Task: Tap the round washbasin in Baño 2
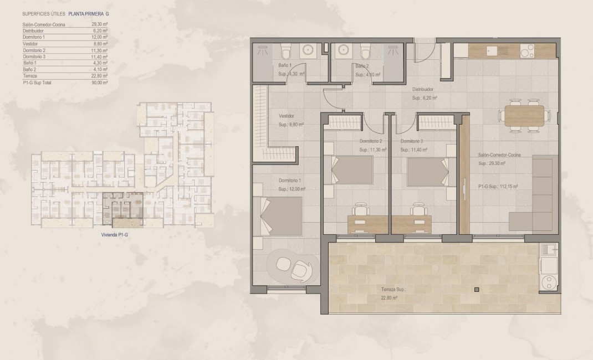342,51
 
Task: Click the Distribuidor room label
422,89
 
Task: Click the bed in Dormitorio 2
352,171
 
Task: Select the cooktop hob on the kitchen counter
528,50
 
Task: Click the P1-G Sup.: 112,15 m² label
498,187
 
